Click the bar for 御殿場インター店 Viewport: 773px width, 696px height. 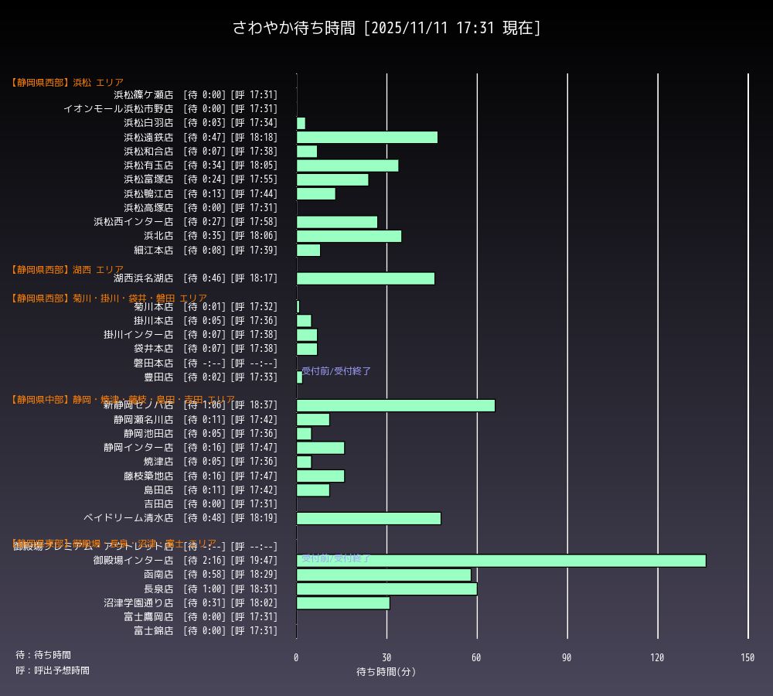[501, 561]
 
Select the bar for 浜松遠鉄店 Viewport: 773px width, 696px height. [367, 138]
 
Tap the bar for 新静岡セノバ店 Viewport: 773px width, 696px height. [396, 405]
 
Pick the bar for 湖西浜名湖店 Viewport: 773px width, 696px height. [366, 278]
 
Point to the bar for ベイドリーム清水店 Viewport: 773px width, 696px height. [369, 518]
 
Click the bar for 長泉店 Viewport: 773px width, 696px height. [386, 589]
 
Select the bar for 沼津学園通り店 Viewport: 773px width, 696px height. [343, 603]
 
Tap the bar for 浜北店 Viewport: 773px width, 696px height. [349, 236]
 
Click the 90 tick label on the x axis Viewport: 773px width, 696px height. [567, 657]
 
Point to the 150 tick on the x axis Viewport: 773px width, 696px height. [747, 657]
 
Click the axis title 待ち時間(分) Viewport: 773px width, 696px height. [386, 672]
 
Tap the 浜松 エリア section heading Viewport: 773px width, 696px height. [67, 83]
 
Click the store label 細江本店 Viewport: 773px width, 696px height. [153, 250]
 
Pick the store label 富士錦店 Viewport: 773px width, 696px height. [153, 631]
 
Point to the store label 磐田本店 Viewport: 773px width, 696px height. [153, 363]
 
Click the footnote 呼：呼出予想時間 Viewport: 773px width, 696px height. [53, 670]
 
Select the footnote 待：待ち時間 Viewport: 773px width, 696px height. [43, 655]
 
